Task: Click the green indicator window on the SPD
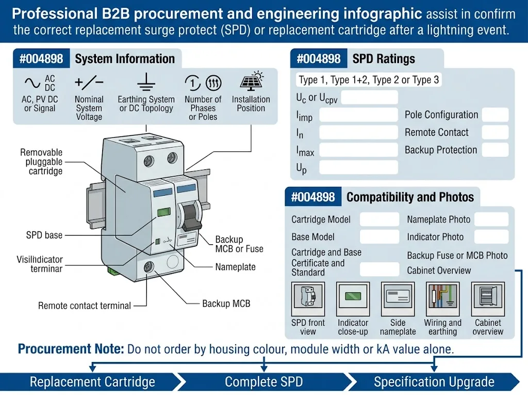tap(164, 212)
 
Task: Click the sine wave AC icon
tap(32, 83)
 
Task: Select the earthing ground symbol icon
tap(146, 82)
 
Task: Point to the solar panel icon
tap(252, 81)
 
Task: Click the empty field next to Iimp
tap(359, 115)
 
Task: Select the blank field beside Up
tap(359, 167)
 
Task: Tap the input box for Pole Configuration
tap(495, 115)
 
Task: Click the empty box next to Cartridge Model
tap(379, 219)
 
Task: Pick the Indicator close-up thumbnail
tap(353, 299)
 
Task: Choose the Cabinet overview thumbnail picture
tap(488, 299)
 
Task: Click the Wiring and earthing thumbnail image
tap(443, 299)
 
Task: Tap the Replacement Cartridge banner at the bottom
tap(92, 382)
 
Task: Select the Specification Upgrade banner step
tap(434, 382)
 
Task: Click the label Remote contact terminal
tap(84, 306)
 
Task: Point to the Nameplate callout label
tap(235, 267)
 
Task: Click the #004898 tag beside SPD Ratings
tap(319, 59)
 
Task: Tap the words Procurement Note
tap(71, 349)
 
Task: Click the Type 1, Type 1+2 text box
tap(369, 80)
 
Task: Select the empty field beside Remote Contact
tap(495, 132)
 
